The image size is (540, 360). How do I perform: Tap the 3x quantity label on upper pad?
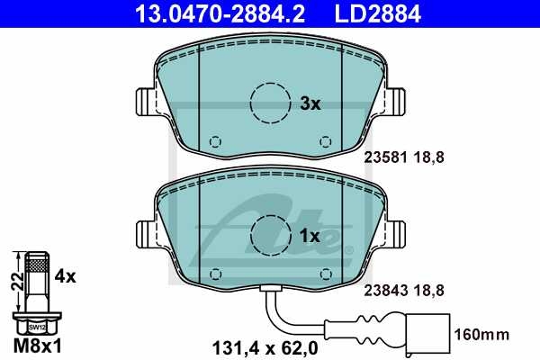(309, 103)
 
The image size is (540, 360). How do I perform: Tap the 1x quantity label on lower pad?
(309, 236)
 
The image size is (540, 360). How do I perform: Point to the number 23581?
(380, 156)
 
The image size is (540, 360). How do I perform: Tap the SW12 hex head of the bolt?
(35, 328)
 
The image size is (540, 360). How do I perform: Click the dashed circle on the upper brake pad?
(269, 103)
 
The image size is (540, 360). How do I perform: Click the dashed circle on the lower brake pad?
(269, 236)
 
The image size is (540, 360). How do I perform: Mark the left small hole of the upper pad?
(214, 141)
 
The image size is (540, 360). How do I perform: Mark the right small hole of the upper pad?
(325, 141)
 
